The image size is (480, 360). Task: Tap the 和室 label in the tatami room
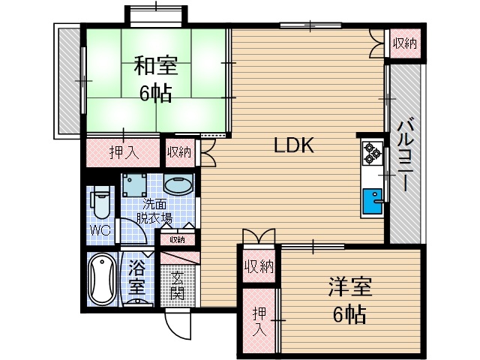tap(155, 67)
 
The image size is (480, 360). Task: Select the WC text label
tap(100, 230)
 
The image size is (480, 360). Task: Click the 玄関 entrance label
tap(177, 283)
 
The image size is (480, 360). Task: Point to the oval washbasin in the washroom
tap(178, 184)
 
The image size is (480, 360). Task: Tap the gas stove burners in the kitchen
tap(372, 154)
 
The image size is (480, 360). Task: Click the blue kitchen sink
tap(372, 201)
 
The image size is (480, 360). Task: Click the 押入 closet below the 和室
tap(124, 152)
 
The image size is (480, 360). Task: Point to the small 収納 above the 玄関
tap(177, 240)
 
